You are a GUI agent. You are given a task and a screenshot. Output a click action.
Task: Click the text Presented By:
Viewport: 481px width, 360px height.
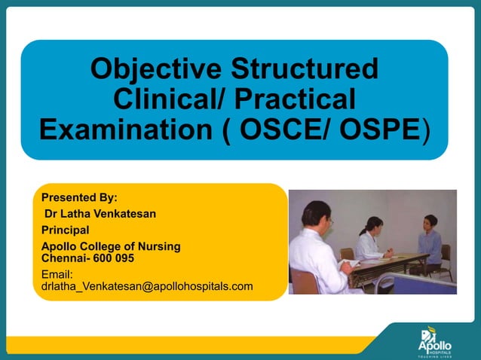click(x=79, y=198)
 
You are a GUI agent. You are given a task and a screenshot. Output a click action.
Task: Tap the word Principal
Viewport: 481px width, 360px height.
click(x=66, y=230)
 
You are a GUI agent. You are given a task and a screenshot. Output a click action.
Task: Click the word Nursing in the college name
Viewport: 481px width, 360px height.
click(x=159, y=246)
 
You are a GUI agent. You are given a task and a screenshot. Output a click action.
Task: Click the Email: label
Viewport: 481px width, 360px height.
click(x=57, y=275)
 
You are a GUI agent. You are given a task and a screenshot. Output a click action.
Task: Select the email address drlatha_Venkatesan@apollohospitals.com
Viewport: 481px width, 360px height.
click(x=147, y=286)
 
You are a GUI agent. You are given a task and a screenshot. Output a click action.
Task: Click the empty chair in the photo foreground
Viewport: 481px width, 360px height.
click(x=305, y=280)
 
